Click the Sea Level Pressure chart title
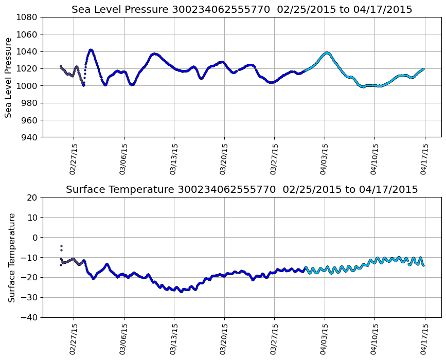click(x=242, y=9)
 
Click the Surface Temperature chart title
click(x=242, y=190)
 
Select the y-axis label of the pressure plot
click(x=9, y=77)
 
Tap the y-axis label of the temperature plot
click(x=11, y=257)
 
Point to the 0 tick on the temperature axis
click(x=35, y=238)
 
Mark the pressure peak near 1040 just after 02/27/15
click(x=91, y=50)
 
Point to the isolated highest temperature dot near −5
click(x=61, y=246)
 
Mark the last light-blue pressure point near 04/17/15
click(x=423, y=69)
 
